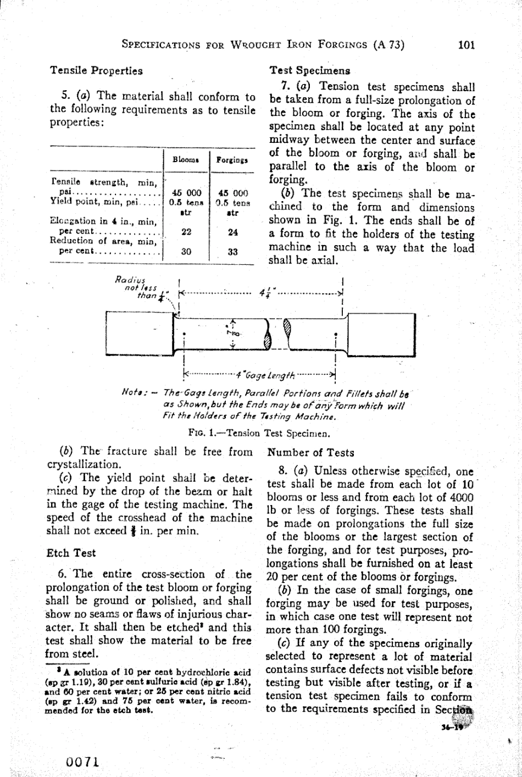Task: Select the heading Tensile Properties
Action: (x=96, y=71)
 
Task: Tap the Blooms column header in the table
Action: (x=183, y=159)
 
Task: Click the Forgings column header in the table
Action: (x=232, y=159)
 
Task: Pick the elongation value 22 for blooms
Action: (x=185, y=232)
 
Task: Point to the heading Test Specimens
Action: (x=309, y=71)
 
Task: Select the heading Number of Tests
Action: (x=310, y=453)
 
